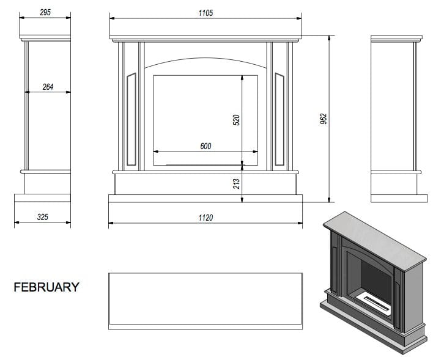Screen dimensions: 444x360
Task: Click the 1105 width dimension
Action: pos(205,13)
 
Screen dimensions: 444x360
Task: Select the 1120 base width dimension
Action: pos(205,218)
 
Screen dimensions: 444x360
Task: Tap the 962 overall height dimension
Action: pos(324,119)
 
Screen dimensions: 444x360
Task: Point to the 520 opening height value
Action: pos(236,120)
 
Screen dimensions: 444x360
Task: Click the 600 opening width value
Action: pos(205,146)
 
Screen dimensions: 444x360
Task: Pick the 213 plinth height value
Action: pos(237,184)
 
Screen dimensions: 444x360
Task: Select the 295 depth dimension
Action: pos(45,12)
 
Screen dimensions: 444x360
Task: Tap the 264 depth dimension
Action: pos(48,87)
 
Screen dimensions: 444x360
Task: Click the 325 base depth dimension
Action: pos(42,217)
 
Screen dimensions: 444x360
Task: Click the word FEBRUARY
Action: pos(46,287)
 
